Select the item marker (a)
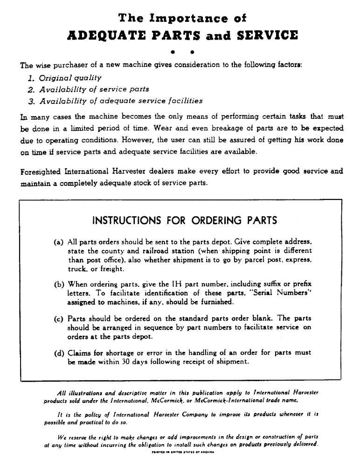coord(59,242)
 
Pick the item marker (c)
coord(59,319)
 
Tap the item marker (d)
coord(59,353)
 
